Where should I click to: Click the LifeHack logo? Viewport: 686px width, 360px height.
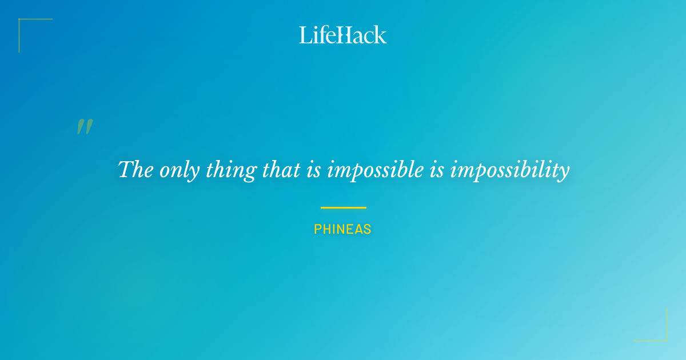(x=342, y=35)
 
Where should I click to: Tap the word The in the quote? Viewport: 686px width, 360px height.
(x=135, y=170)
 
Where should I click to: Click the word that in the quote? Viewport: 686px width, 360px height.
(x=280, y=170)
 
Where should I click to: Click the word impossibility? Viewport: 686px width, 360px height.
(x=510, y=171)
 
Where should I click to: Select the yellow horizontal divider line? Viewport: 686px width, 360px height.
(x=343, y=207)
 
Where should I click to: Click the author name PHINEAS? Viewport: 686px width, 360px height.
(x=342, y=230)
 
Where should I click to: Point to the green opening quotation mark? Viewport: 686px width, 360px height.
(x=85, y=127)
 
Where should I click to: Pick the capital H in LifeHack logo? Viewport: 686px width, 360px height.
(x=343, y=35)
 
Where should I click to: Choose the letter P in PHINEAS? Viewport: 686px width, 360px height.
(x=317, y=230)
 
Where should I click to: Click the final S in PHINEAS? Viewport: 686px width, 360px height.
(x=368, y=230)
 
